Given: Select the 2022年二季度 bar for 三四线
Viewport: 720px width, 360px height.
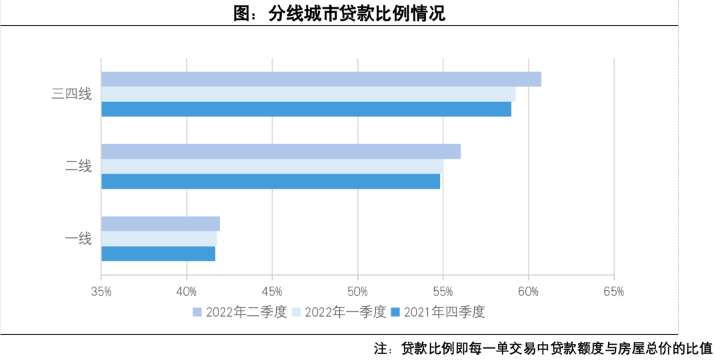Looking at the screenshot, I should (321, 79).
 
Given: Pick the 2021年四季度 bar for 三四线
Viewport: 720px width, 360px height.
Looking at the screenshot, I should (306, 109).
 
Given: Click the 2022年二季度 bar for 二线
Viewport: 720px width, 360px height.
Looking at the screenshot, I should (281, 151).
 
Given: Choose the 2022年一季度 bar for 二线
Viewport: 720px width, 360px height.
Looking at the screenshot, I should (272, 167).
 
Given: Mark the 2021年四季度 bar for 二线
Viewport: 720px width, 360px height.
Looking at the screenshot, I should (270, 181).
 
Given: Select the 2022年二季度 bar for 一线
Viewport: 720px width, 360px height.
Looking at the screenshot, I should (160, 224).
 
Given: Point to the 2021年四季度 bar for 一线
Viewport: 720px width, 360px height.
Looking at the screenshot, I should (158, 254).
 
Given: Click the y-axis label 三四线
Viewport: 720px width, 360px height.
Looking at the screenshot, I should (71, 94).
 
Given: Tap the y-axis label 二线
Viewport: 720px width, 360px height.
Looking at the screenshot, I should (78, 167).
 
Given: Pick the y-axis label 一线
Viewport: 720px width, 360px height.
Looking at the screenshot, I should (78, 239).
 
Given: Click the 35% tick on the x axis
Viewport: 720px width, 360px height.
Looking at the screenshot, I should (101, 291).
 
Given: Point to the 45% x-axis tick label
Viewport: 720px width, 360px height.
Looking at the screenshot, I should (272, 291).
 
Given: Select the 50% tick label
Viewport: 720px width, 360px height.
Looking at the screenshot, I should (357, 291).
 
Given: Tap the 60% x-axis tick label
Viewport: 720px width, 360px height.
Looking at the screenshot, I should (528, 291).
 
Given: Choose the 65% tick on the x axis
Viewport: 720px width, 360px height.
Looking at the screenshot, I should (613, 291).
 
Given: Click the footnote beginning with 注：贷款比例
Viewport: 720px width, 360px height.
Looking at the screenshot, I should (543, 348).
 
